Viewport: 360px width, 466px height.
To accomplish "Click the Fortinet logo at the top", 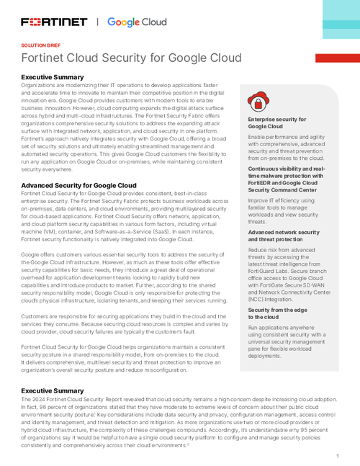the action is [53, 22].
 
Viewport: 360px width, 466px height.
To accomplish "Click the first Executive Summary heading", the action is [53, 76].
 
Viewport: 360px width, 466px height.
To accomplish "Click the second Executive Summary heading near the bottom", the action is [53, 390].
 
